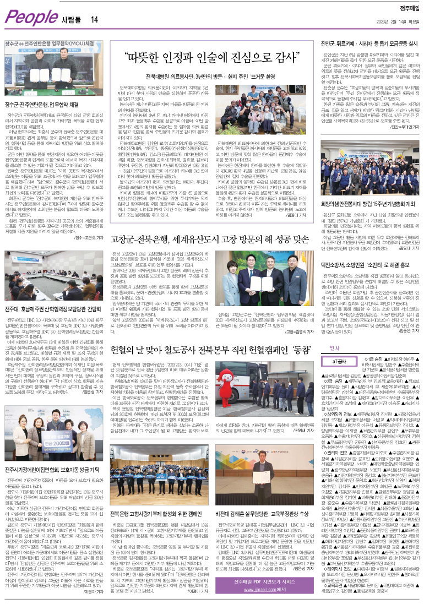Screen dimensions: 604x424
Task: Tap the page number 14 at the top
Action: point(95,20)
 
